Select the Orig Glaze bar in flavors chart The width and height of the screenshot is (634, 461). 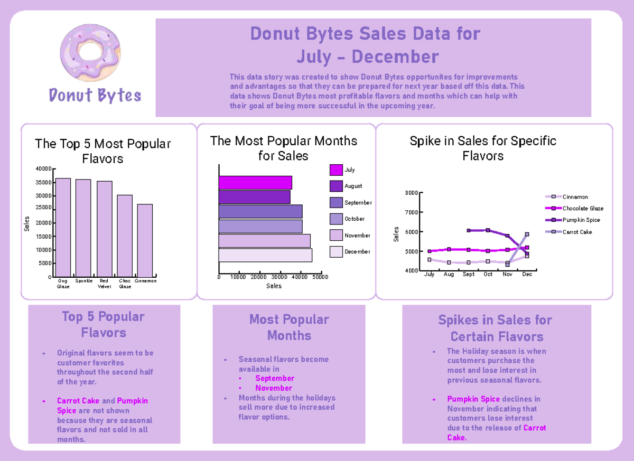pos(63,227)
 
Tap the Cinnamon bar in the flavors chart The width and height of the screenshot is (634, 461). pos(145,240)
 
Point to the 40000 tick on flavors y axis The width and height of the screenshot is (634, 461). pos(44,169)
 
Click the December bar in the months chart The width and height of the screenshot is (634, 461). pos(265,255)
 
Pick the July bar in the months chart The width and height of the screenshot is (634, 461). pos(255,182)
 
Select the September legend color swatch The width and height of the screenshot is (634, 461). pos(336,202)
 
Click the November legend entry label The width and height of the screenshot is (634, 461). pos(357,236)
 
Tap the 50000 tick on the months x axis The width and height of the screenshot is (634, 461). pos(320,277)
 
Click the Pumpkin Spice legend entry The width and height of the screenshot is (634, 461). pos(581,220)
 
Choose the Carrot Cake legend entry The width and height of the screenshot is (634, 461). pos(577,232)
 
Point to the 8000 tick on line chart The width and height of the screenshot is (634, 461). pos(411,193)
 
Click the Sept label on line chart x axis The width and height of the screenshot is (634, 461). pos(468,275)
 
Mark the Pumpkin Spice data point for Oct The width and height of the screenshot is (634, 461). pos(488,230)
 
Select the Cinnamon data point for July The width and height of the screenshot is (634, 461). pos(430,259)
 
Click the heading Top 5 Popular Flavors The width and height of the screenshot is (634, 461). pos(103,324)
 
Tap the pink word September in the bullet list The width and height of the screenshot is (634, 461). pos(274,379)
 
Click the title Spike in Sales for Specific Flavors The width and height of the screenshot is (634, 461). pos(483,148)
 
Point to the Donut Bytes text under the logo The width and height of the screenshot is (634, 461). pos(95,96)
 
